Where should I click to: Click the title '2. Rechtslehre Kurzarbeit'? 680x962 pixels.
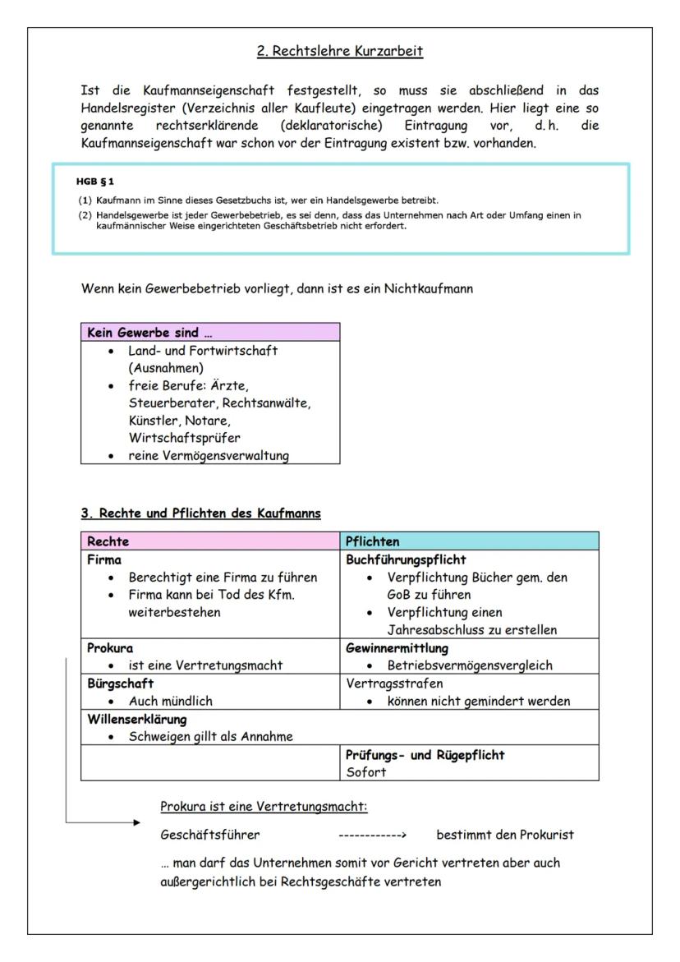(339, 52)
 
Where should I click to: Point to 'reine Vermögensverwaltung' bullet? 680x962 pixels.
(209, 455)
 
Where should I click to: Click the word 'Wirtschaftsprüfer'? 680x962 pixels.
(185, 438)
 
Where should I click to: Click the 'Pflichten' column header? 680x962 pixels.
(374, 542)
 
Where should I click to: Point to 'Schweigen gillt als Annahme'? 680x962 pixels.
(211, 736)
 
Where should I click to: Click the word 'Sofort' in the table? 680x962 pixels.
(365, 773)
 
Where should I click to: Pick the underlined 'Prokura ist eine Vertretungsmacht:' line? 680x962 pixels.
(264, 808)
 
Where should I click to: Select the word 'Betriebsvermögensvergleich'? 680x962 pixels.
(471, 665)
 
